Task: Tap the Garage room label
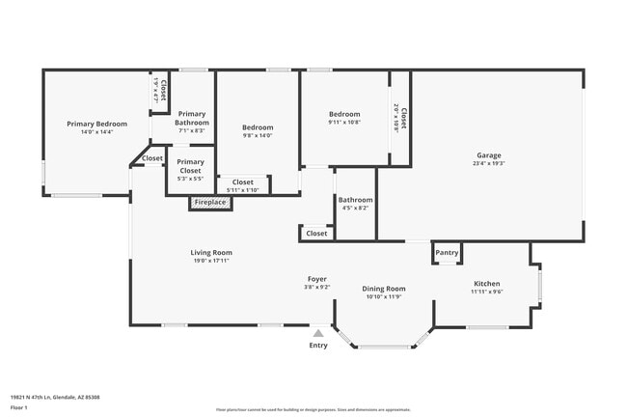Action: point(488,155)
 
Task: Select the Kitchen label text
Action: point(486,283)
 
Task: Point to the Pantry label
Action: point(447,253)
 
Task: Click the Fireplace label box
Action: point(209,203)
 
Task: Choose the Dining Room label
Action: point(383,289)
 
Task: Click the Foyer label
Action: point(317,278)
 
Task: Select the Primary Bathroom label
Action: point(191,119)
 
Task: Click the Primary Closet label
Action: point(191,166)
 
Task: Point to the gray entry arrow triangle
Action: point(317,333)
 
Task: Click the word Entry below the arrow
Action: point(317,346)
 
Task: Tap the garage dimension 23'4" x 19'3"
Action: point(488,164)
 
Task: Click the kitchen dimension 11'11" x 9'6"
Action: point(486,292)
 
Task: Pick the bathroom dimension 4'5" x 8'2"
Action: point(355,208)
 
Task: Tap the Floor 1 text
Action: point(19,407)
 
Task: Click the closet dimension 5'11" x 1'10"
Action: point(243,190)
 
